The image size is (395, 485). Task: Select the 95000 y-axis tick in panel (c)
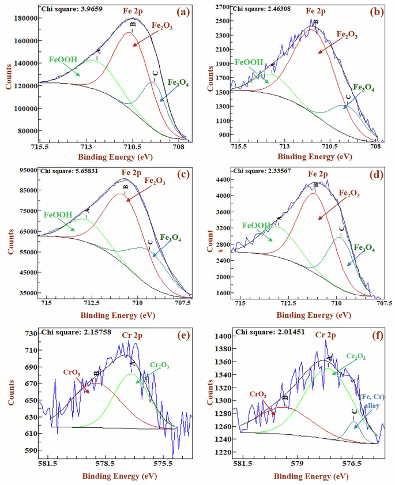(25, 170)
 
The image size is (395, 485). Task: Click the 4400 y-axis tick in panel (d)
(219, 179)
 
